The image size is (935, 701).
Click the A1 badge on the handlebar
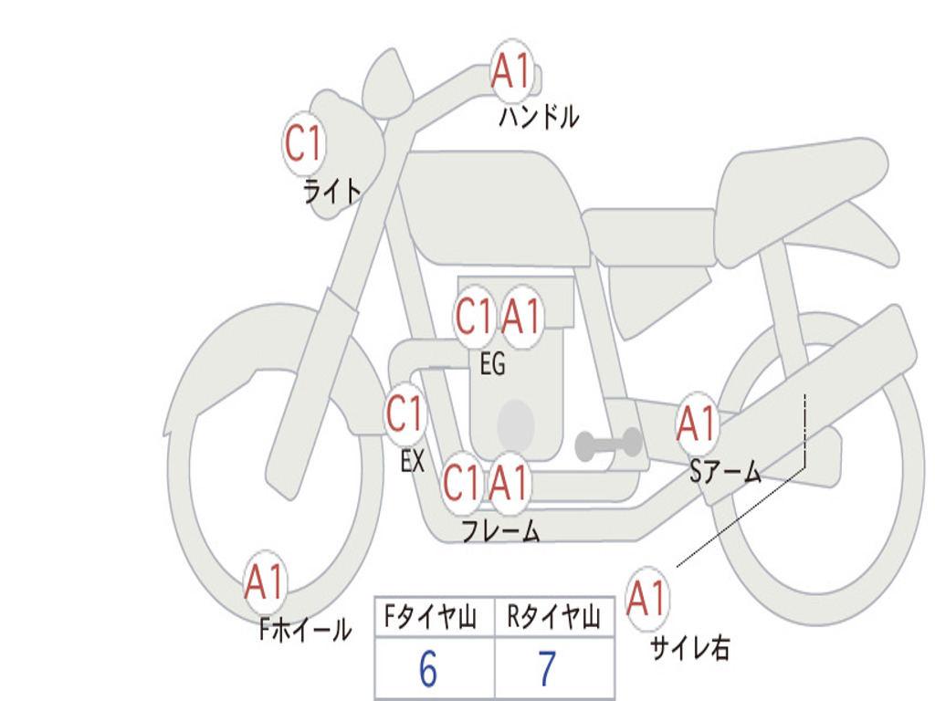[x=511, y=70]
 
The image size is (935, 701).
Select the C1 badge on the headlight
[x=303, y=143]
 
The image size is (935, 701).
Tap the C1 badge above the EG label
[x=474, y=316]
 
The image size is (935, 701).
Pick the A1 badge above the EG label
[x=521, y=316]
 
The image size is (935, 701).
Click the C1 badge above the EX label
[x=404, y=413]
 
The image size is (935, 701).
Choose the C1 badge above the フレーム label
[x=461, y=482]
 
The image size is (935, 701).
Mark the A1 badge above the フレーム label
[x=509, y=482]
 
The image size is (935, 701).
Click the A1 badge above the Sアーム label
[x=696, y=424]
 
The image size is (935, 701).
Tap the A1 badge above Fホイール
[x=265, y=581]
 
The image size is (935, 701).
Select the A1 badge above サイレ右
[x=647, y=598]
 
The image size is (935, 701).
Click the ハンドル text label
[x=539, y=117]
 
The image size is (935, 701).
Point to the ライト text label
[x=332, y=192]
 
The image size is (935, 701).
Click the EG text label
[x=492, y=363]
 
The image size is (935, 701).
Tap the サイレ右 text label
[x=690, y=648]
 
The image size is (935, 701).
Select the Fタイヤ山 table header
[x=431, y=617]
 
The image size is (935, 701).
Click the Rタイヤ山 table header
[x=554, y=617]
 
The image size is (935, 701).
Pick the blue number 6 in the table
[x=428, y=669]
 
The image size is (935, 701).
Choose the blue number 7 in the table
[x=548, y=669]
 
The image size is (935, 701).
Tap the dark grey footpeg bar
[x=608, y=445]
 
